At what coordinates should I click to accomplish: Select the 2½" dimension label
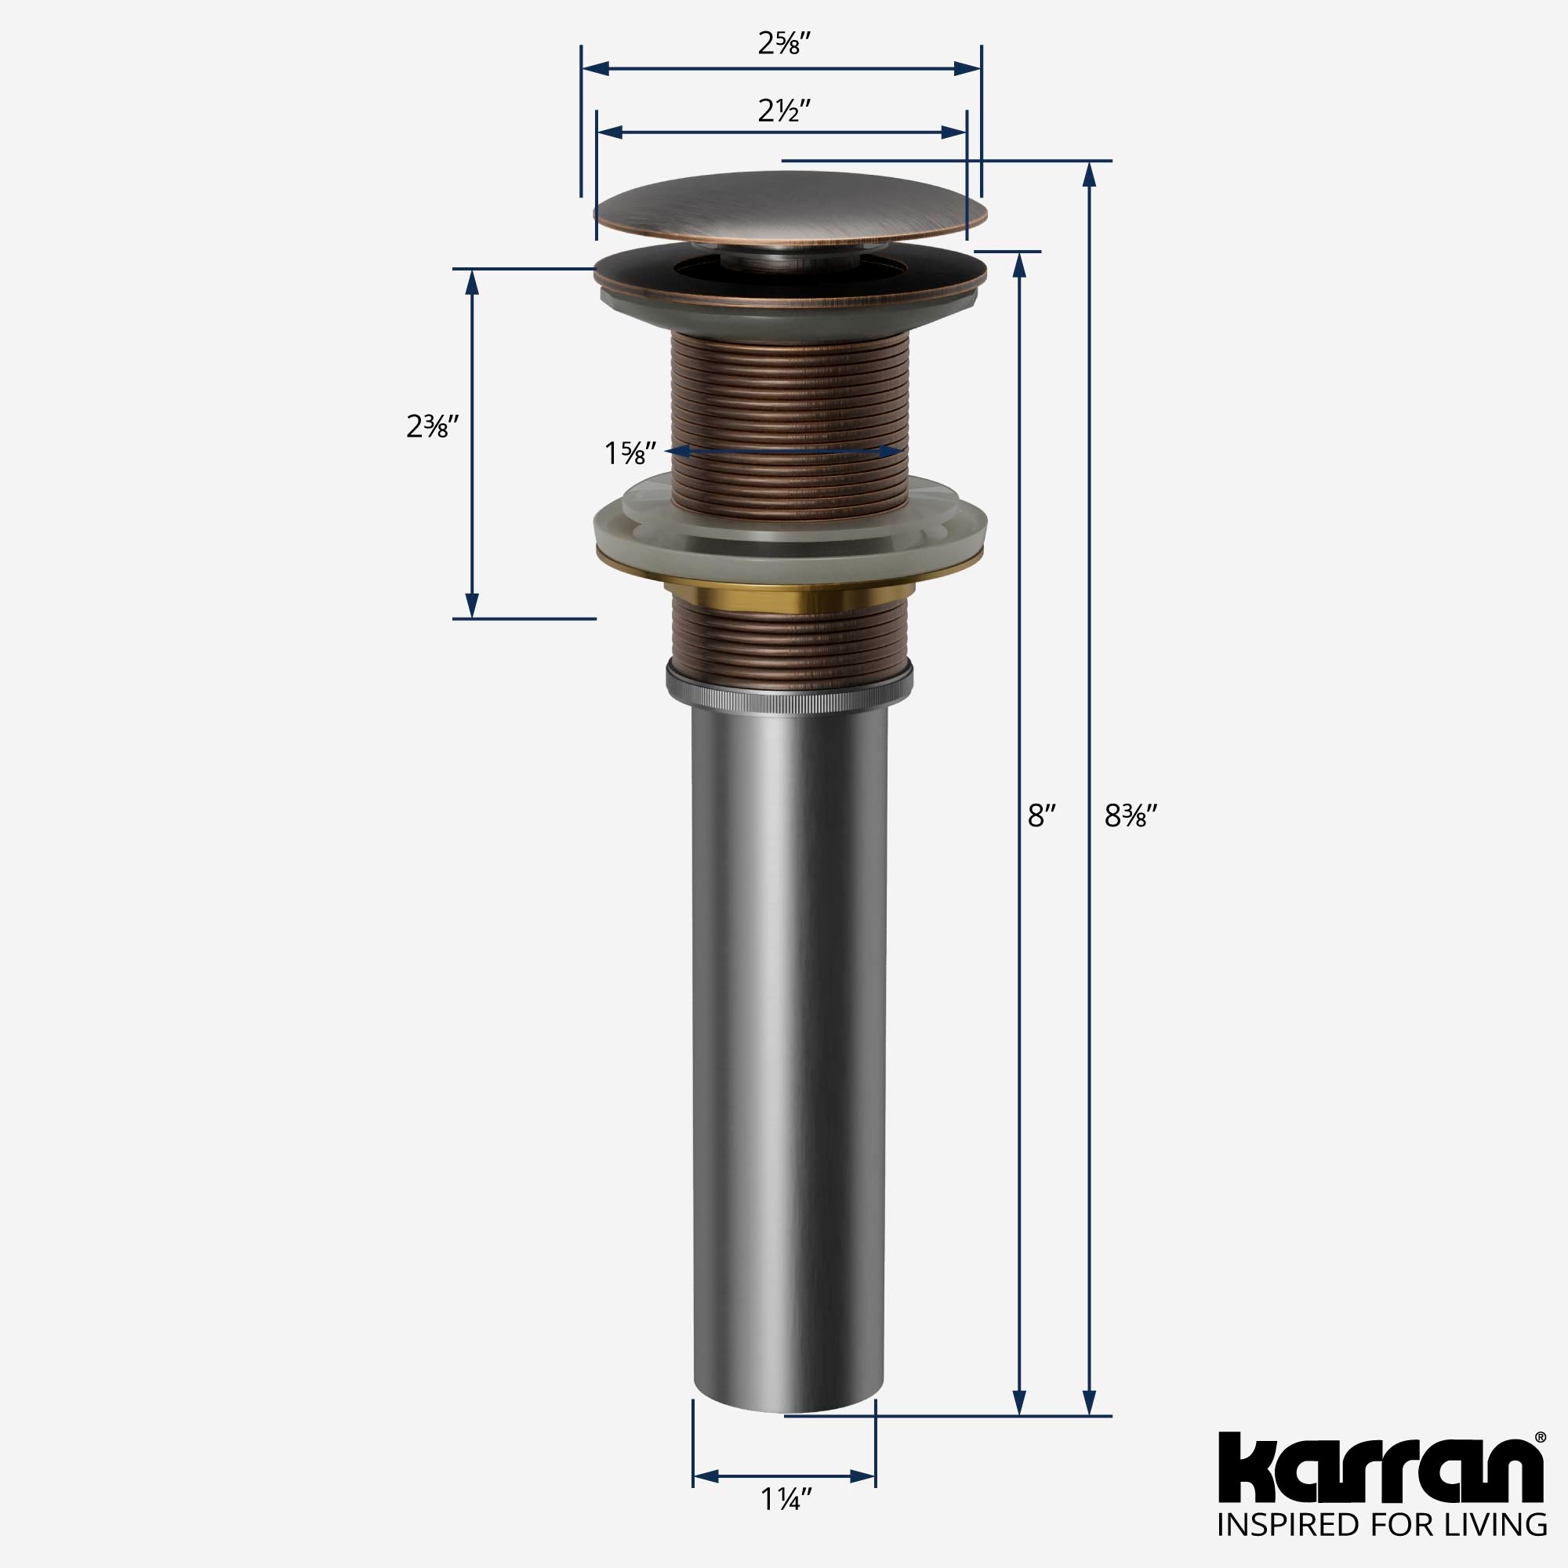coord(784,110)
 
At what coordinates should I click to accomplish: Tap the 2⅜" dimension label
coord(434,426)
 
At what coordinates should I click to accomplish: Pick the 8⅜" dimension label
coord(1130,816)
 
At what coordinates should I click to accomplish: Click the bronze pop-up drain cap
coord(791,210)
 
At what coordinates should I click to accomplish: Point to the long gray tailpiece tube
coord(788,1014)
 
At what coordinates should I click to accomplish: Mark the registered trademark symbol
coord(1540,1437)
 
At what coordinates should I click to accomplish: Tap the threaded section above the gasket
coord(791,406)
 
